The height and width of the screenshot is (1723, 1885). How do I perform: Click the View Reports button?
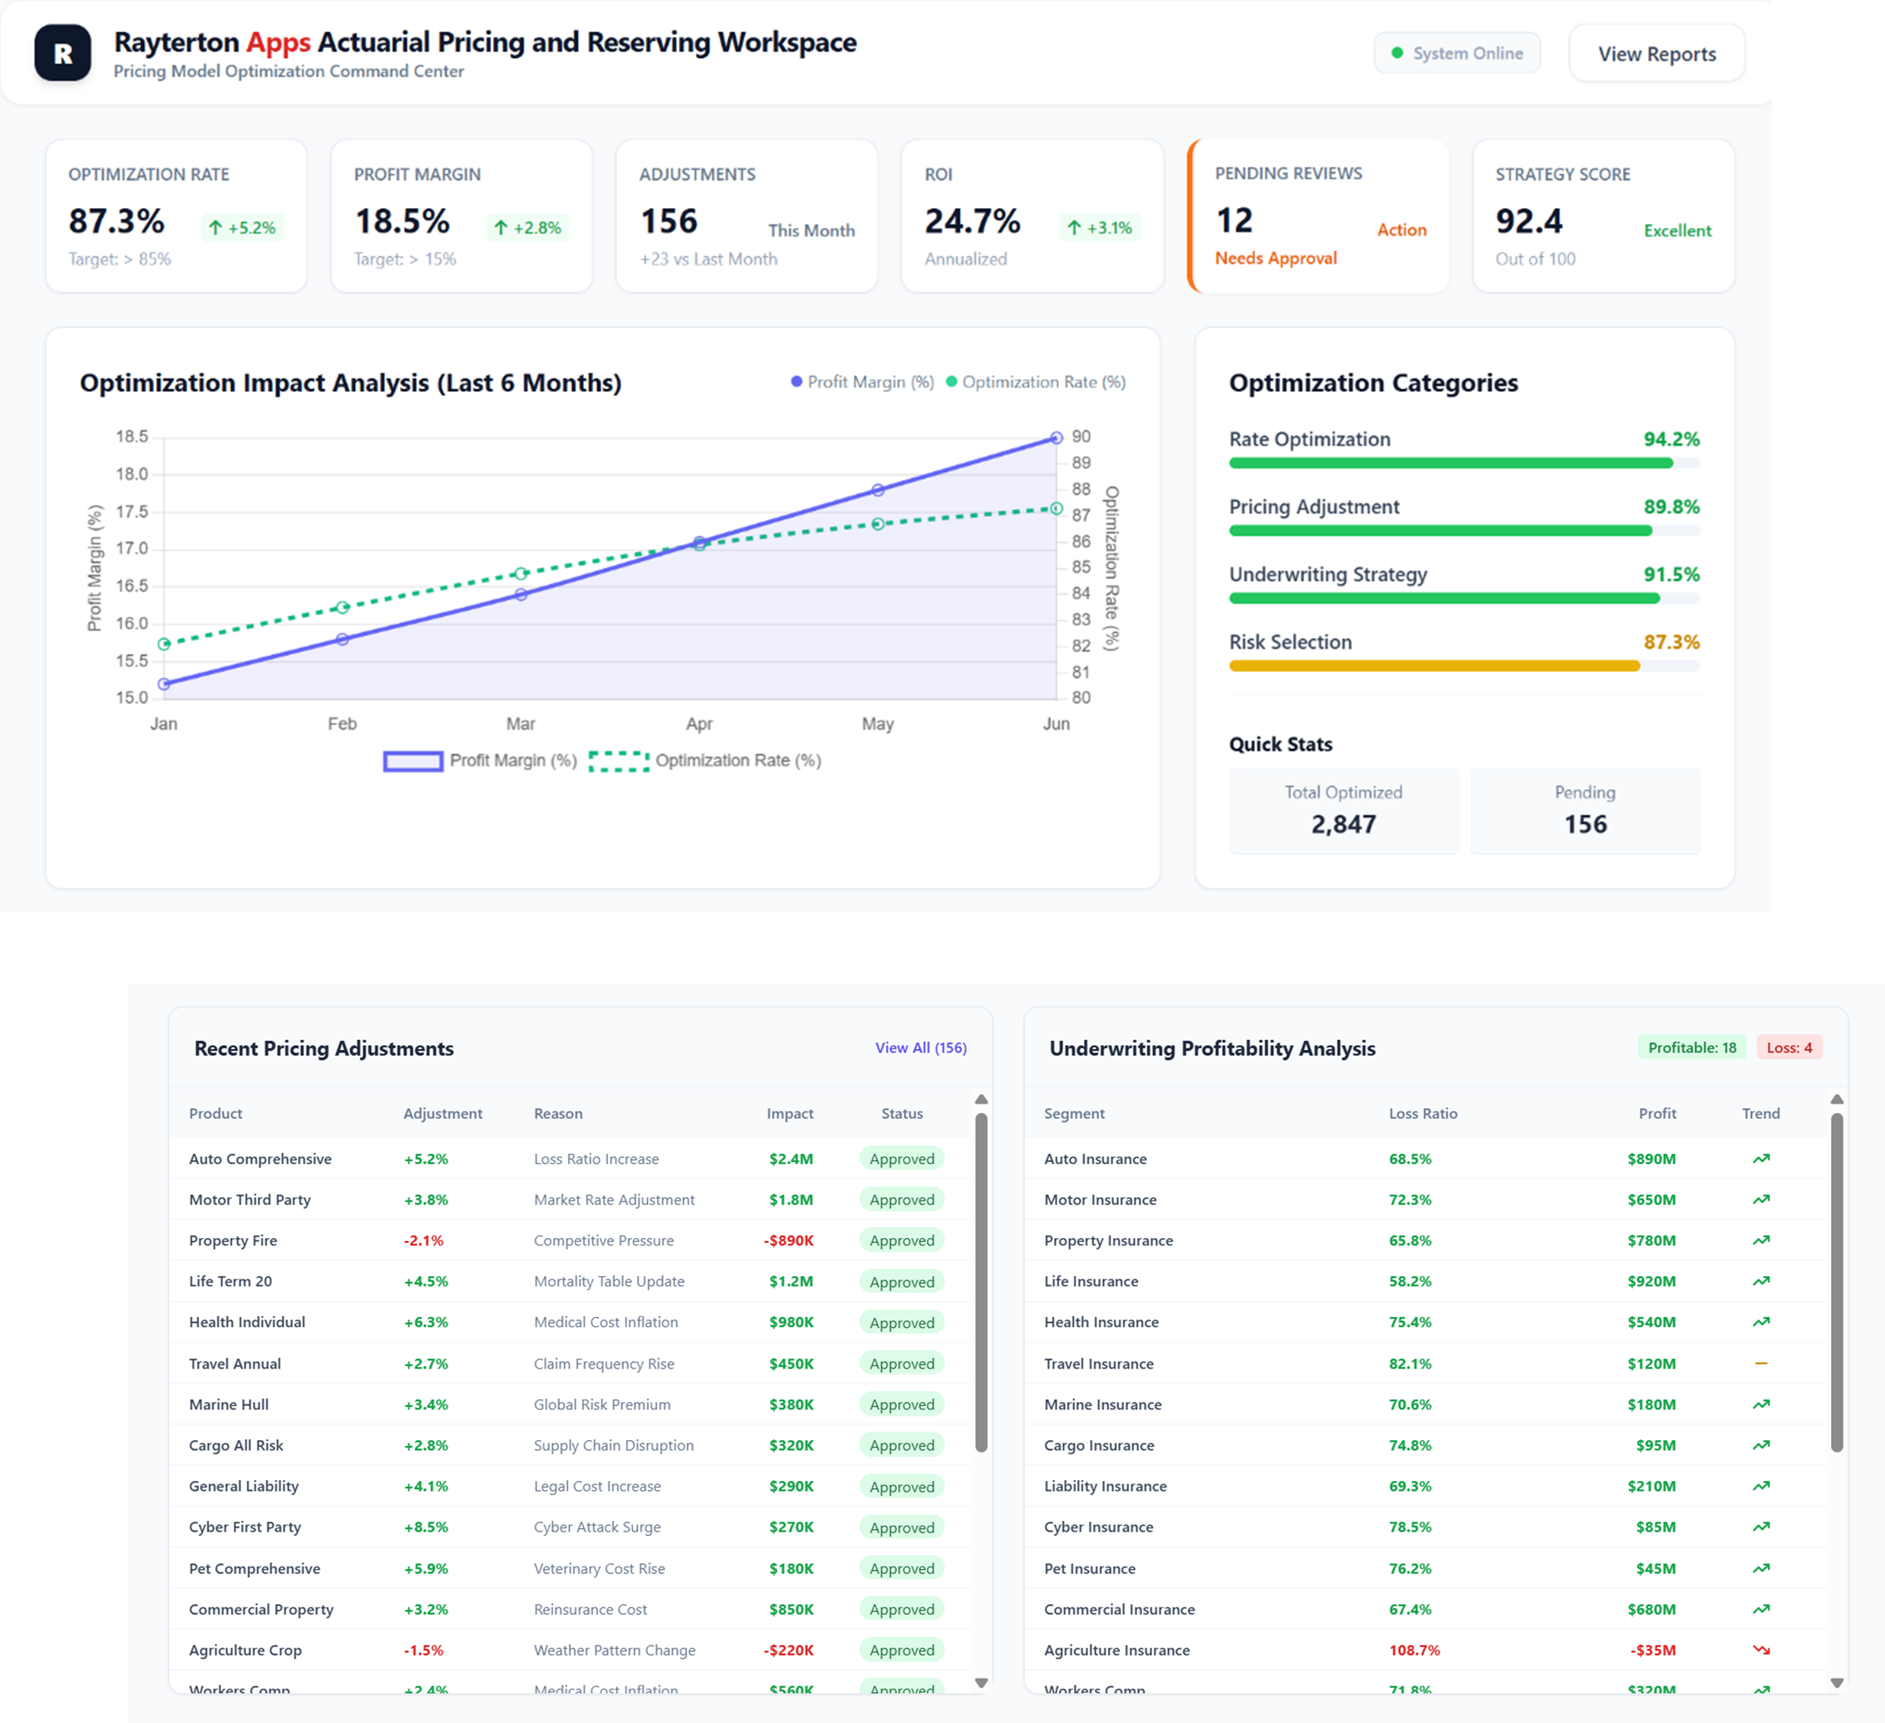pos(1656,54)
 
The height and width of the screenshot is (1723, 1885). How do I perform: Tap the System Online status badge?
pos(1457,53)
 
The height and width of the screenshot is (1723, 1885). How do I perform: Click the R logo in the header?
pos(62,53)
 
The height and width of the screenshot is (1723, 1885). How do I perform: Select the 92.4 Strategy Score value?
pos(1528,221)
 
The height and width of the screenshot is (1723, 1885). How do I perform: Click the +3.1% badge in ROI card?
pos(1100,227)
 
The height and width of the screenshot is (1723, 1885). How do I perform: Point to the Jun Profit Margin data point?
pos(1056,438)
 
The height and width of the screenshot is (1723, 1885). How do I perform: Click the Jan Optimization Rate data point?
pos(165,644)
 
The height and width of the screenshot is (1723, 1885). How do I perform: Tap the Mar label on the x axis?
pos(521,724)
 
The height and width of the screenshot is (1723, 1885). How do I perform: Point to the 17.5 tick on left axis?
pos(131,512)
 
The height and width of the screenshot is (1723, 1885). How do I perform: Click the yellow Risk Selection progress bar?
pos(1433,666)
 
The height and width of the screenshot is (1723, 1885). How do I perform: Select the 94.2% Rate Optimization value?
pos(1671,439)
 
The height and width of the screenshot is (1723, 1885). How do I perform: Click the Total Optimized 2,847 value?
pos(1343,824)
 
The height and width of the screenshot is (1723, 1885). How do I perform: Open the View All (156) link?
pos(920,1047)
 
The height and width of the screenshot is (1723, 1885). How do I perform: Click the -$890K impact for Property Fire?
pos(789,1240)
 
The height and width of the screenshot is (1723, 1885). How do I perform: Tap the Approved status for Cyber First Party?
pos(902,1527)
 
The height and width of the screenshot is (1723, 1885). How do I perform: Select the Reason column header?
pos(558,1113)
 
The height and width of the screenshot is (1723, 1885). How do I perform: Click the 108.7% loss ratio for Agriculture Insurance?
pos(1414,1650)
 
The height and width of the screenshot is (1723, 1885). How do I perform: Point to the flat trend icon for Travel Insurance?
pos(1761,1363)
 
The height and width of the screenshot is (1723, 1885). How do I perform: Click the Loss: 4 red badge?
pos(1788,1047)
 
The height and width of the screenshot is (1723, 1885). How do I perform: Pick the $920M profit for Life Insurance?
pos(1650,1280)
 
